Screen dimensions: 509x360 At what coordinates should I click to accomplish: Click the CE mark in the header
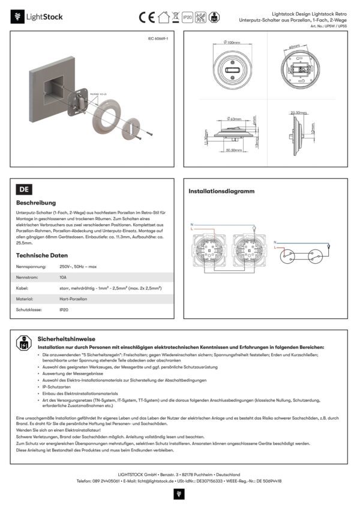tap(148, 17)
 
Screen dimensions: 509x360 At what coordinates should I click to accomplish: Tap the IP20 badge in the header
tap(187, 17)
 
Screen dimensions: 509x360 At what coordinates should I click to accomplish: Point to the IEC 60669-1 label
tap(158, 38)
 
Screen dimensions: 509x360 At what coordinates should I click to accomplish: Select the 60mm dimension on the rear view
tap(293, 46)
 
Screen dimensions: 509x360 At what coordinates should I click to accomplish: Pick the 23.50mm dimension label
tap(298, 112)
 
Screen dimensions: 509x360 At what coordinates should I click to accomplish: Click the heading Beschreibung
tap(36, 203)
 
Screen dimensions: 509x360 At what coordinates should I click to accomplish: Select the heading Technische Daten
tap(42, 255)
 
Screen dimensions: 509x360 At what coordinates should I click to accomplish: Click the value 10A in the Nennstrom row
tap(63, 278)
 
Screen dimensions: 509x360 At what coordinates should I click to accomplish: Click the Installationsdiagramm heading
tap(221, 191)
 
